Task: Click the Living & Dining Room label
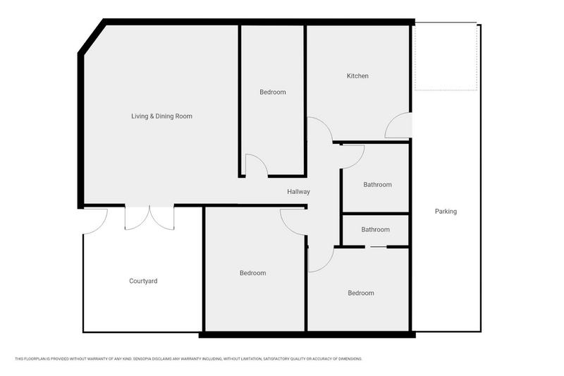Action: [161, 116]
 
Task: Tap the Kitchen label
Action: [357, 76]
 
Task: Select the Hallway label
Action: [298, 192]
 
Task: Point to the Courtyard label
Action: [143, 281]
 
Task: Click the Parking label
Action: [446, 212]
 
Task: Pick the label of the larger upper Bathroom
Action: [377, 185]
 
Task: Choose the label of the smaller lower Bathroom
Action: [376, 229]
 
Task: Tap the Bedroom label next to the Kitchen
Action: [273, 92]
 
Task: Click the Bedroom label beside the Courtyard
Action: [253, 273]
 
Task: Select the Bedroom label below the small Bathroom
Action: [361, 293]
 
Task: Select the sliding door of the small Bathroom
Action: [376, 247]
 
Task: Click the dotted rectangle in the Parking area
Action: [446, 56]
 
